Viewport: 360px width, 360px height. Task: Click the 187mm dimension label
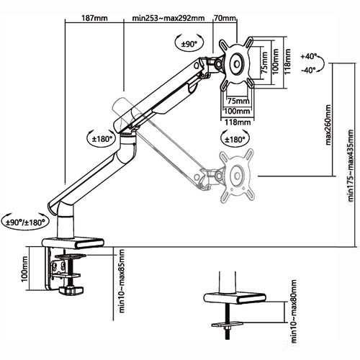pos(94,18)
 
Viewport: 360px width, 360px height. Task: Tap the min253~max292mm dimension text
pos(168,18)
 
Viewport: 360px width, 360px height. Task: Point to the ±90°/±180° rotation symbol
pos(25,222)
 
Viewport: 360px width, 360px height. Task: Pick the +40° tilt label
pos(309,57)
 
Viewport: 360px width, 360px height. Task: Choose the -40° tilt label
pos(309,71)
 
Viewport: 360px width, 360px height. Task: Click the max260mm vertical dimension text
pos(328,125)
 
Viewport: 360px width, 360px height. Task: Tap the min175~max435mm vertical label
pos(351,166)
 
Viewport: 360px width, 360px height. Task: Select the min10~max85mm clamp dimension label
pos(122,281)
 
